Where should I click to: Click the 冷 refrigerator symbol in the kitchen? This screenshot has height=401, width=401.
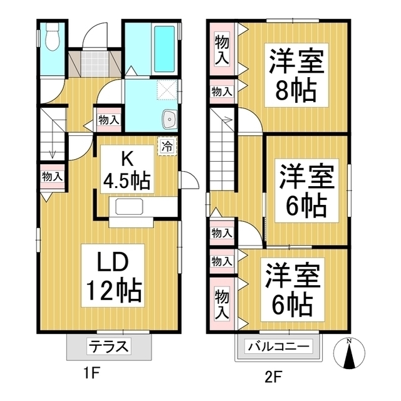point(167,147)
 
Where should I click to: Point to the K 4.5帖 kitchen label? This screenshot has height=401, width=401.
point(126,170)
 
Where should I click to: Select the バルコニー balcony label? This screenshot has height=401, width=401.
point(278,346)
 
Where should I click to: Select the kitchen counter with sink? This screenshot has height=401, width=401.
point(132,207)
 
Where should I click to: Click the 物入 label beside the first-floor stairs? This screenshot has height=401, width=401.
point(51,177)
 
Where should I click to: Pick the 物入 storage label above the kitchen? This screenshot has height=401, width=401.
point(108,119)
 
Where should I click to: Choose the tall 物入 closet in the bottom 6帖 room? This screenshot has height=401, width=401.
point(221,303)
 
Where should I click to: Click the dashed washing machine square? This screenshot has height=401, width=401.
point(166,90)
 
